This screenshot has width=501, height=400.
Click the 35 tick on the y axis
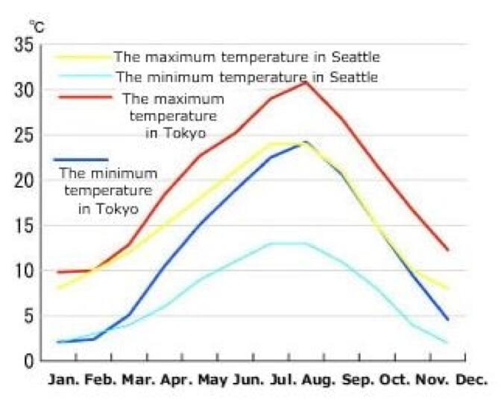[23, 45]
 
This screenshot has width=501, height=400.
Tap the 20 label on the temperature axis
[23, 181]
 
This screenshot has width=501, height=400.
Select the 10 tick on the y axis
[23, 271]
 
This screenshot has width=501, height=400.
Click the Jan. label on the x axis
[64, 378]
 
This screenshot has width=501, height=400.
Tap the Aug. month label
[316, 378]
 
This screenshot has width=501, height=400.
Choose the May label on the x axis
[212, 378]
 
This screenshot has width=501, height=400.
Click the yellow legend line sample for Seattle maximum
[81, 57]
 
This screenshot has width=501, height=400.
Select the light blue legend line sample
[81, 76]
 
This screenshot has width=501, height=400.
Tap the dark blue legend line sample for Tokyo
[81, 159]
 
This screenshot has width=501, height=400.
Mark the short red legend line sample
[81, 96]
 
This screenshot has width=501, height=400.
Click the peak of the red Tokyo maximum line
[304, 82]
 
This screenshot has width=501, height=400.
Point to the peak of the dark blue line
[304, 142]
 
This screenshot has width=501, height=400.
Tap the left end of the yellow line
[57, 288]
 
